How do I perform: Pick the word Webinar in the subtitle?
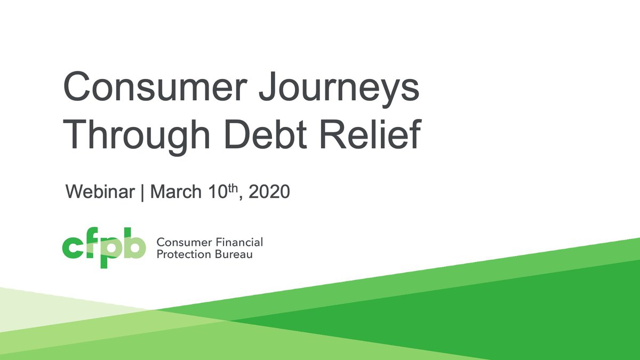tap(100, 191)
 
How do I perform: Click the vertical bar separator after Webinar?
tap(142, 192)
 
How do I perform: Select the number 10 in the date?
tap(218, 191)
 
